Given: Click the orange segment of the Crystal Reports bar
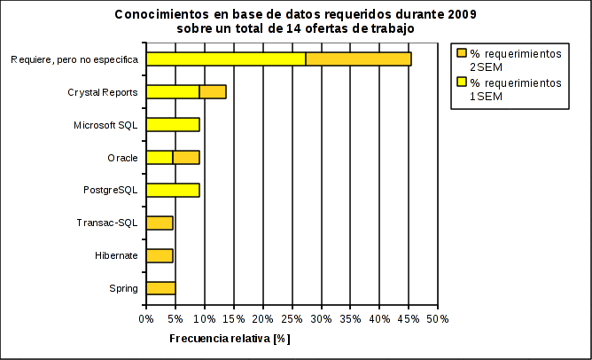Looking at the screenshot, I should [x=213, y=91].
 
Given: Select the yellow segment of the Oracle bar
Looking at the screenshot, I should [x=160, y=157].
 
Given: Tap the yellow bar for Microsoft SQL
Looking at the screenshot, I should [x=173, y=124].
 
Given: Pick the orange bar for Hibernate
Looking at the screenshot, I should [x=160, y=255].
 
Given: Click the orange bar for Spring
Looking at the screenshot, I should [x=160, y=288].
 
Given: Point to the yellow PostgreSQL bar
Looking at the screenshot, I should [x=173, y=190].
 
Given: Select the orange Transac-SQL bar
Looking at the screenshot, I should [x=160, y=223].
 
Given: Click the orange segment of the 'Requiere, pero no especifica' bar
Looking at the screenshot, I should [x=358, y=59].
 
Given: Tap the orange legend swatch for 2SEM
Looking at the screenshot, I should [x=461, y=54].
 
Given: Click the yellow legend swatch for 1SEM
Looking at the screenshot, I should [x=461, y=82].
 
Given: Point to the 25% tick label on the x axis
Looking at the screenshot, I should [x=292, y=318].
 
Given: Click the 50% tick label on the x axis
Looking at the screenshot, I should [x=438, y=318].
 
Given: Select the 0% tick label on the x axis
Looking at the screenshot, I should [x=146, y=318].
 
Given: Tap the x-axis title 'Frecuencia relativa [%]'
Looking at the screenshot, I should [x=230, y=339].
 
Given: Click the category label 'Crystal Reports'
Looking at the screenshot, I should [x=103, y=92].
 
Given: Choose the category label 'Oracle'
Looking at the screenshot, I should [x=122, y=158].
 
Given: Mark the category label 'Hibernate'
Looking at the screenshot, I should [x=116, y=255].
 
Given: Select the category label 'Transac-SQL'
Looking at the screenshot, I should [x=108, y=223].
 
